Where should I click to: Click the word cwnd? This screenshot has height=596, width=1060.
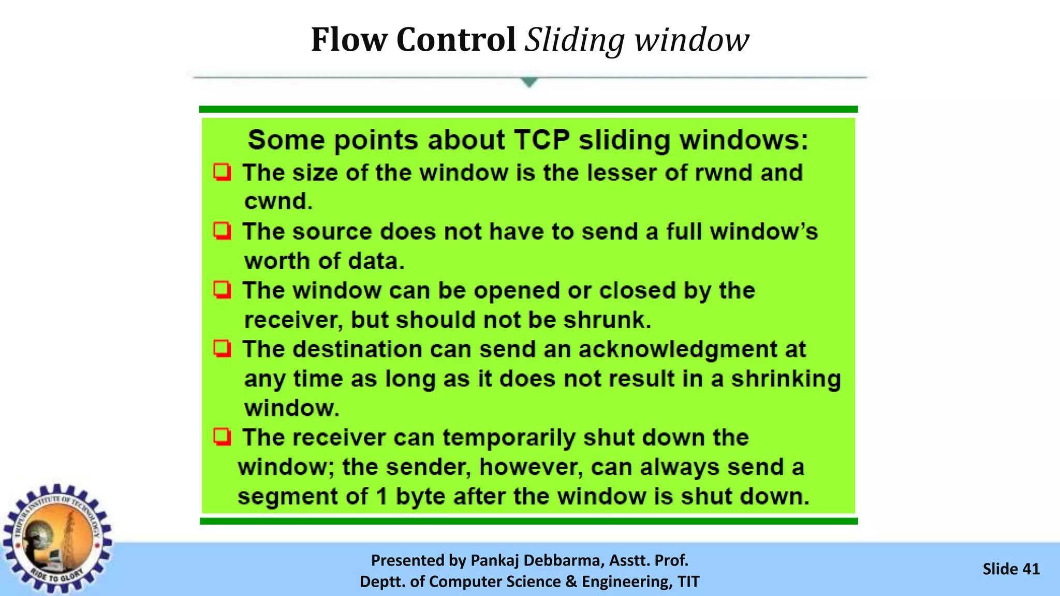click(x=278, y=201)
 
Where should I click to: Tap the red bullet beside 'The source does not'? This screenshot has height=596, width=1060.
click(x=223, y=231)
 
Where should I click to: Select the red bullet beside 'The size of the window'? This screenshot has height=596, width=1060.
click(x=223, y=172)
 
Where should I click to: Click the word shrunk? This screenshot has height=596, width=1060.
click(x=607, y=320)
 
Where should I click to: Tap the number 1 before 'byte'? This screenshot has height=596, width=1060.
click(x=382, y=497)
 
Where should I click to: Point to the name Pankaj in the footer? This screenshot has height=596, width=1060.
click(x=495, y=560)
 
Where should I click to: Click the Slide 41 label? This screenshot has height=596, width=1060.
click(x=1011, y=569)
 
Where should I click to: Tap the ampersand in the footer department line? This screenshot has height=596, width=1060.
click(x=571, y=582)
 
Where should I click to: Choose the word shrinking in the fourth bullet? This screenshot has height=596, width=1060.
click(x=785, y=379)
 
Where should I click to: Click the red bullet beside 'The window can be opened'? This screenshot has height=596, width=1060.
click(x=223, y=290)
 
